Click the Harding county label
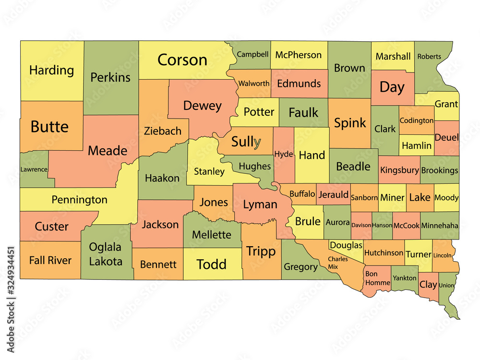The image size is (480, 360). click(x=51, y=70)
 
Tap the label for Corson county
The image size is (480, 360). click(x=182, y=60)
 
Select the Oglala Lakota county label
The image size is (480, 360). click(x=105, y=254)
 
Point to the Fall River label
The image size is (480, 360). click(x=50, y=260)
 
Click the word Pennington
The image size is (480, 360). click(x=79, y=200)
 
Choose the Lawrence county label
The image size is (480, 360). click(x=34, y=169)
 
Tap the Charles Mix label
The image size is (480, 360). click(x=338, y=262)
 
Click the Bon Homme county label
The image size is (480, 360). click(x=377, y=278)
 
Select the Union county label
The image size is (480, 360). click(x=446, y=285)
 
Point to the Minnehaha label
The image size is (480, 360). click(x=440, y=226)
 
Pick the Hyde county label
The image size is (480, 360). click(x=283, y=154)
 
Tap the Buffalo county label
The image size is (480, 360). click(x=302, y=194)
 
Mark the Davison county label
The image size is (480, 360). click(x=361, y=225)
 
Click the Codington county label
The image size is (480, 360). click(x=416, y=120)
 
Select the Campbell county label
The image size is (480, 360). click(x=252, y=54)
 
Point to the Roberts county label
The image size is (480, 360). click(x=429, y=56)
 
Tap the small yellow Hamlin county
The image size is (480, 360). click(x=416, y=145)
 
